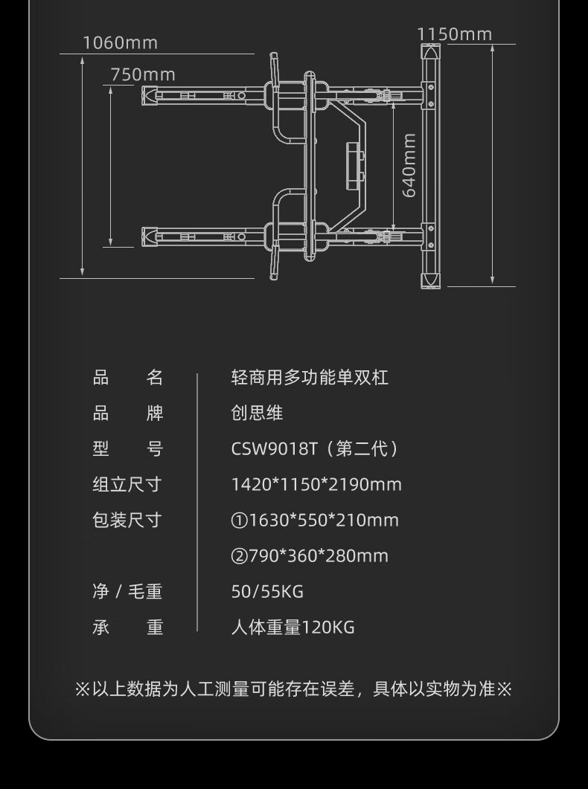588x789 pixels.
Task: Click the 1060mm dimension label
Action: [x=120, y=42]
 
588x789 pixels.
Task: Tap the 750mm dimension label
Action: [x=143, y=74]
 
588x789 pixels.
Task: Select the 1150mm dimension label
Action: [x=454, y=34]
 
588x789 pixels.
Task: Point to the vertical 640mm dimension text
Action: [x=409, y=165]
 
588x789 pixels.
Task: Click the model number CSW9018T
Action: [x=275, y=449]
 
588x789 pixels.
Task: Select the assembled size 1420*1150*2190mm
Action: [x=316, y=485]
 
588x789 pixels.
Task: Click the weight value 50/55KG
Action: [x=267, y=592]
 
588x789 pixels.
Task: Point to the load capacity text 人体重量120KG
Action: [x=293, y=628]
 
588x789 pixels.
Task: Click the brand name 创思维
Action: [x=258, y=413]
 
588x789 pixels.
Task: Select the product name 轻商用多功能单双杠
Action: [x=310, y=378]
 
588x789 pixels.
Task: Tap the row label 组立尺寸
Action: [x=127, y=485]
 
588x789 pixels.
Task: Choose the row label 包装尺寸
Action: [x=127, y=521]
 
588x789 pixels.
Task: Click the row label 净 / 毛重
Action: [x=127, y=592]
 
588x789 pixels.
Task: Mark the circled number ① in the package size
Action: [x=239, y=521]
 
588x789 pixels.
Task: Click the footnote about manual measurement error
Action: [x=294, y=689]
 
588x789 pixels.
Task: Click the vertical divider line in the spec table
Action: [x=197, y=502]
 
